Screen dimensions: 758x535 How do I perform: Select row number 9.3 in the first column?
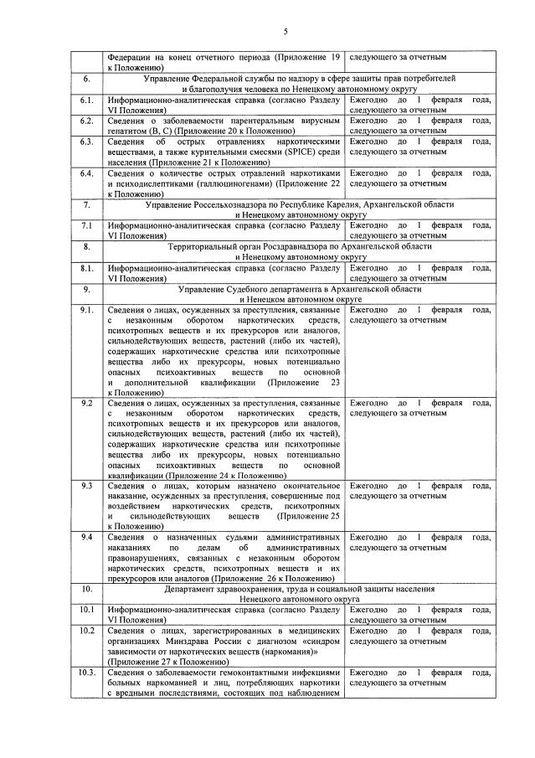tap(85, 486)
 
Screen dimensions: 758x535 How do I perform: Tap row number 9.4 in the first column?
tap(85, 537)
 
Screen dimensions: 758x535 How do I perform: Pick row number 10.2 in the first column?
tap(85, 631)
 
